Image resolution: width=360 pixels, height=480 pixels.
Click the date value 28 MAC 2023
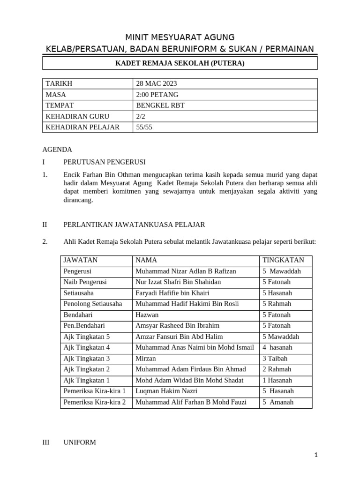(157, 84)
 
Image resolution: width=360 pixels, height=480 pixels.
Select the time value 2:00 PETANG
(157, 95)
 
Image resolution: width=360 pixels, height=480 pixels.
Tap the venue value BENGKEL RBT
(160, 105)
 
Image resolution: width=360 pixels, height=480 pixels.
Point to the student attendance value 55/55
(144, 127)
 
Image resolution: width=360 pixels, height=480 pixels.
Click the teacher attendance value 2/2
(141, 116)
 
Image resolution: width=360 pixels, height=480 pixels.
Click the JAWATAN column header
(81, 260)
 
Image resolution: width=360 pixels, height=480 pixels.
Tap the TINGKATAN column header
(283, 260)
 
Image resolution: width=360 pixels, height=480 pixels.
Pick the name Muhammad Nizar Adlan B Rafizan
(186, 271)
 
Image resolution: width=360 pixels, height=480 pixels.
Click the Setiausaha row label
(79, 293)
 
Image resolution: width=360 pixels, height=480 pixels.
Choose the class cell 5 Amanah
(278, 402)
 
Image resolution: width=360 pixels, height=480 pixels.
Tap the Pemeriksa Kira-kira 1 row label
(95, 391)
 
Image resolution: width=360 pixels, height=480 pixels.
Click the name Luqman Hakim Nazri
(166, 391)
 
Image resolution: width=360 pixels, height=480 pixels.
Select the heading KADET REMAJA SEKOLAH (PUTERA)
(180, 63)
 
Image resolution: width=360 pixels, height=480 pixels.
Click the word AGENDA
(57, 150)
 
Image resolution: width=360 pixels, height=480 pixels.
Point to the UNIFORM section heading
(80, 442)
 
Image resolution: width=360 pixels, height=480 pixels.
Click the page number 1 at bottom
(316, 455)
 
